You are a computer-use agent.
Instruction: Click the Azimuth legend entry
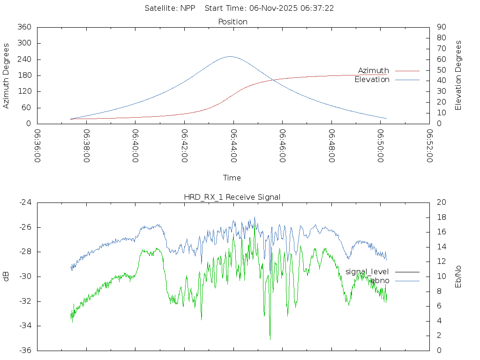click(x=374, y=71)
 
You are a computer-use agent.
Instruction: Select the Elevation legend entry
click(x=372, y=80)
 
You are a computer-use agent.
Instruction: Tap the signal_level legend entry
click(x=367, y=272)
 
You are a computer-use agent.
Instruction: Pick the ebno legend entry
click(x=380, y=280)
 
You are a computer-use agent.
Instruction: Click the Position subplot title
click(x=232, y=22)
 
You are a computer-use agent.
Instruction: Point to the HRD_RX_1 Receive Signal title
click(x=232, y=197)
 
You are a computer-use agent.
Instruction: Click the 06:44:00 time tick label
click(x=233, y=146)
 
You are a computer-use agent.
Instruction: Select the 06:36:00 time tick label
click(x=38, y=146)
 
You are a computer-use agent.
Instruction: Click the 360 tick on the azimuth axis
click(x=24, y=27)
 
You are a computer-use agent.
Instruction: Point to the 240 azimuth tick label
click(x=24, y=60)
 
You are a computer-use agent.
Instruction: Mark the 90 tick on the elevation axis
click(x=441, y=27)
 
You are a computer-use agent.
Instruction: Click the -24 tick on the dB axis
click(x=25, y=202)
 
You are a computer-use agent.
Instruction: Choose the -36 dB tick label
click(x=25, y=350)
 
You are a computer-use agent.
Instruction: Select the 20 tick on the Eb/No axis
click(x=441, y=202)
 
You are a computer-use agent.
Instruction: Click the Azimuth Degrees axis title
click(x=6, y=75)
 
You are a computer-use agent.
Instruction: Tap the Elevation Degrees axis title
click(x=458, y=75)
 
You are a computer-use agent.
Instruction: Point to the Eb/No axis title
click(x=458, y=276)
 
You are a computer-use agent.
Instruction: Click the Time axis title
click(x=232, y=178)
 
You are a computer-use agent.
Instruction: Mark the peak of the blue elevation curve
click(x=230, y=56)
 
